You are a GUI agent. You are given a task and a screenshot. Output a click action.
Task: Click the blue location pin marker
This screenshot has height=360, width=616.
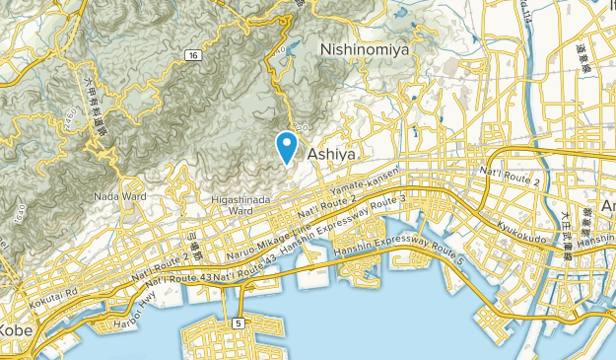(x=287, y=147)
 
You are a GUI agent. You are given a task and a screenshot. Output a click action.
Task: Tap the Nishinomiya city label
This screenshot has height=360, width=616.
(x=364, y=46)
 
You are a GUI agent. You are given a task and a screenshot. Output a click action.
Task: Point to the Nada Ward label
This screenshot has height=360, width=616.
(x=120, y=196)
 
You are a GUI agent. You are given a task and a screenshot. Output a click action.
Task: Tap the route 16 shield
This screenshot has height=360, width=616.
(x=193, y=55)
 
